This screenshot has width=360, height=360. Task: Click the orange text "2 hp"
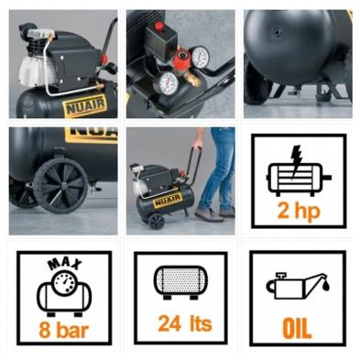coord(299,212)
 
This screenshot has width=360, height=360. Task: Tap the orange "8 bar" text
coord(64,331)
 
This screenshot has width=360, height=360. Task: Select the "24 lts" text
coord(185,323)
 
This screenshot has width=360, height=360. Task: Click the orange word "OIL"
coord(297,329)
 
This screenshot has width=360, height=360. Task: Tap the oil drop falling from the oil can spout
coord(326,287)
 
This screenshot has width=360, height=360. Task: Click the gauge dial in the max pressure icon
coord(64,283)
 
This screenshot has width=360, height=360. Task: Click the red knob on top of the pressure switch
coord(159,26)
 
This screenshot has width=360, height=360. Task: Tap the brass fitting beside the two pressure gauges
coord(192,80)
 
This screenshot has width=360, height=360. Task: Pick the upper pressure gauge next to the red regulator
coord(201,57)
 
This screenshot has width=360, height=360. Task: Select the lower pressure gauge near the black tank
coord(166,83)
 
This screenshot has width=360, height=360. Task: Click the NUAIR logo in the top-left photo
coord(85,105)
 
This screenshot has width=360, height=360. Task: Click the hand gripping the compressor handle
coord(199,143)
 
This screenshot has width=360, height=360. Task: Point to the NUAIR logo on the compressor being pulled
coord(168,201)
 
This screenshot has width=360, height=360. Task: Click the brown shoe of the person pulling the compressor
coord(209,214)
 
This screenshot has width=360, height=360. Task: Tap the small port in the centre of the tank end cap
coord(278,32)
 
